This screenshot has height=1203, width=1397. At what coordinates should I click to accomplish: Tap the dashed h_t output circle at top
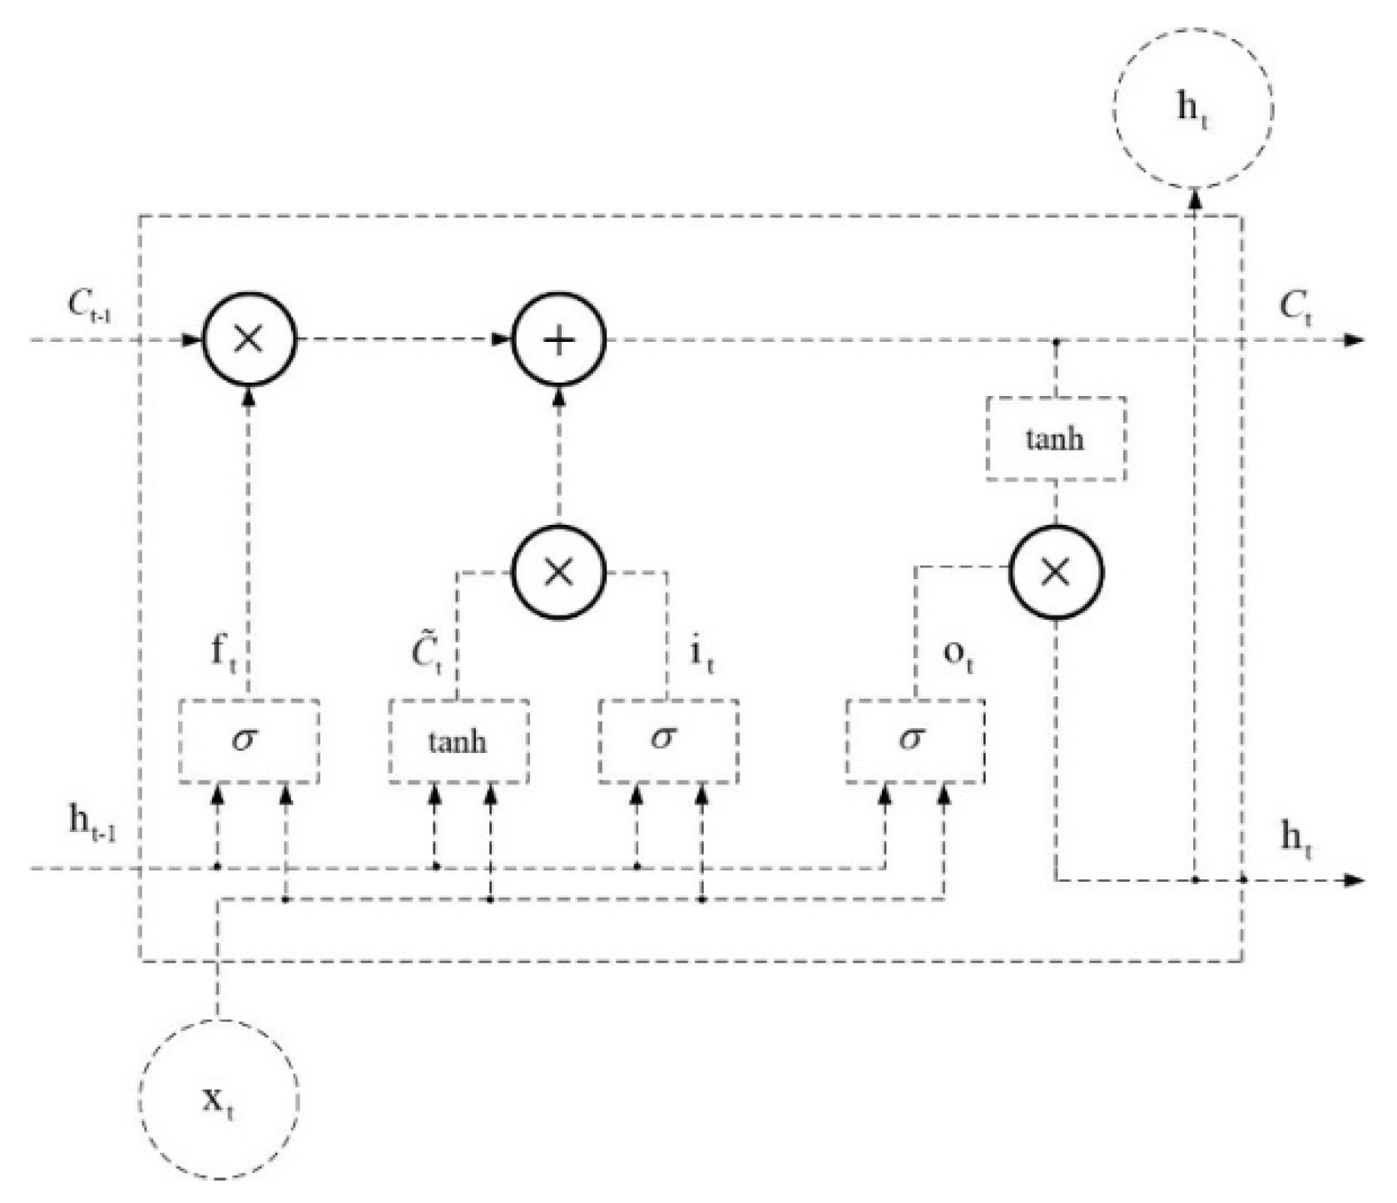(1193, 107)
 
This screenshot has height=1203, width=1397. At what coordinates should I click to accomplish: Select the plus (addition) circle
(559, 339)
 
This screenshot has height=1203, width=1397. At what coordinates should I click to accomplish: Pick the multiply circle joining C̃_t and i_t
(559, 571)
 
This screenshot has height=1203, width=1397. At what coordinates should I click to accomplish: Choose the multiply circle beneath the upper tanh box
(1056, 571)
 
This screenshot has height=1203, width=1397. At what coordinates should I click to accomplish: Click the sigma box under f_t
(249, 740)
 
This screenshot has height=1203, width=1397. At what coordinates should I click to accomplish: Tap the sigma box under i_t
(667, 740)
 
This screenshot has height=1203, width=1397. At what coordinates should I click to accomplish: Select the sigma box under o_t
(915, 740)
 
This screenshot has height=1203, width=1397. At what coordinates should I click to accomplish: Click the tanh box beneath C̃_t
(458, 740)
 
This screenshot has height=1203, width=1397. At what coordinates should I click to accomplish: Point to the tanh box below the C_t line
(1056, 438)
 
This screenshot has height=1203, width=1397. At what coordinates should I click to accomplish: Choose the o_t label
(958, 656)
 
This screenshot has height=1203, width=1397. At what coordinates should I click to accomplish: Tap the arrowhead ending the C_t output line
(1355, 339)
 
